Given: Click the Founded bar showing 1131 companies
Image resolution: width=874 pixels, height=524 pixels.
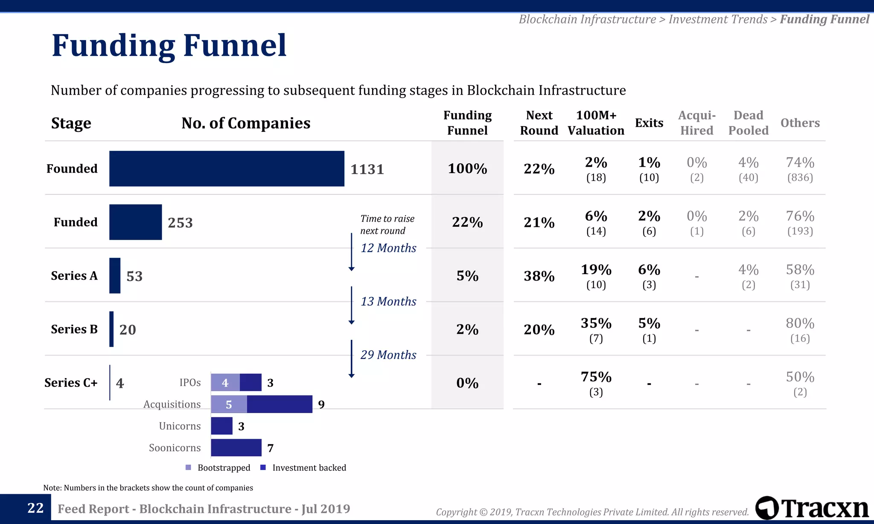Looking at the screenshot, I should click(227, 168).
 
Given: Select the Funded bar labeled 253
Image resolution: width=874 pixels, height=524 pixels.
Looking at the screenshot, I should click(135, 222).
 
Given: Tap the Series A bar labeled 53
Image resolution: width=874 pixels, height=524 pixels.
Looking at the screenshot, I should click(115, 275).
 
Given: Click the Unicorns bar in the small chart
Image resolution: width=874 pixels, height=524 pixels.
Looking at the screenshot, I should click(221, 426).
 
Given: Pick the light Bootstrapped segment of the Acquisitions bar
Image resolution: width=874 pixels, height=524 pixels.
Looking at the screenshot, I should click(229, 404).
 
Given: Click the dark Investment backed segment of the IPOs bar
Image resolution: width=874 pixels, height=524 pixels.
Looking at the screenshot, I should click(251, 382).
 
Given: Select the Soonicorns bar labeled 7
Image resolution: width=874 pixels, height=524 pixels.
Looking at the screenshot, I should click(236, 448).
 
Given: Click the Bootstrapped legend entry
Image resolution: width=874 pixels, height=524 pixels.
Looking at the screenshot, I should click(218, 468).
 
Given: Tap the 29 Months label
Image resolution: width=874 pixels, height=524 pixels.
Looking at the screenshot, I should click(388, 355).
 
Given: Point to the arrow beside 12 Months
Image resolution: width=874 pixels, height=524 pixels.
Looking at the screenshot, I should click(351, 252).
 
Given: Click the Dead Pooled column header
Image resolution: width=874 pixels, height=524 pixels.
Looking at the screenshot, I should click(748, 123).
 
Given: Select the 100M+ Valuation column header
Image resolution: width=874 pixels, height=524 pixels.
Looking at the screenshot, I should click(596, 123).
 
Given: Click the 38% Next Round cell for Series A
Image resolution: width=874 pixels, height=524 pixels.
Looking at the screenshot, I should click(539, 276).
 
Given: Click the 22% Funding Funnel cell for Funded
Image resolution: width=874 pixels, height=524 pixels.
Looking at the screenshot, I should click(467, 222).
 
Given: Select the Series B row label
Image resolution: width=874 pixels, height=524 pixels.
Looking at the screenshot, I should click(74, 329).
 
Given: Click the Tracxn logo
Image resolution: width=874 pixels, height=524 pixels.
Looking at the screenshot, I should click(812, 508).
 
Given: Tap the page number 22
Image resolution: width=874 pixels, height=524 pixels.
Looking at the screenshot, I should click(35, 508).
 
